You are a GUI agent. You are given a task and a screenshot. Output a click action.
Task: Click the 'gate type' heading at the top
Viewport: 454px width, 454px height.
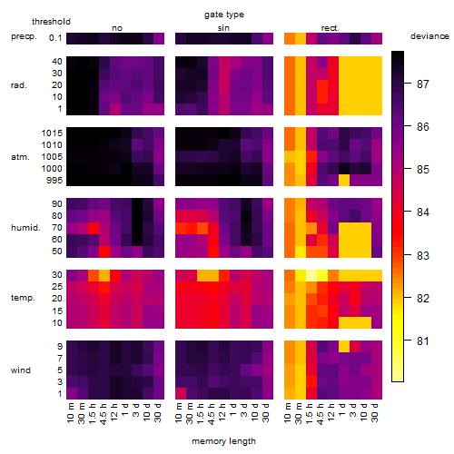click(224, 15)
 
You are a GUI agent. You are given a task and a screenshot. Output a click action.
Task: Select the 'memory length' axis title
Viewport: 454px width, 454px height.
click(223, 441)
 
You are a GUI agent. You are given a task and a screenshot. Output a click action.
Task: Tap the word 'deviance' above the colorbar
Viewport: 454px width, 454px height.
click(429, 36)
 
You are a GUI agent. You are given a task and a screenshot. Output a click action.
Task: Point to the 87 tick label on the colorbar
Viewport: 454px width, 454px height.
click(423, 84)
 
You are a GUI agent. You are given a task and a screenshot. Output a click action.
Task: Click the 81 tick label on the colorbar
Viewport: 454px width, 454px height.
click(423, 341)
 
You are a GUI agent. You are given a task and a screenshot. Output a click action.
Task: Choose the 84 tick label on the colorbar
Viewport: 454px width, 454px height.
click(423, 212)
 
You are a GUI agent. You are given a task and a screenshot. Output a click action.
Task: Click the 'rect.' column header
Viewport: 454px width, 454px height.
click(331, 28)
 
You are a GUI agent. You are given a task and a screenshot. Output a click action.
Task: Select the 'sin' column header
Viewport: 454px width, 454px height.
click(223, 28)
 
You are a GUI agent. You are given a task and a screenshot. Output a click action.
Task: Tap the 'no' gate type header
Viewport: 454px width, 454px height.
click(117, 28)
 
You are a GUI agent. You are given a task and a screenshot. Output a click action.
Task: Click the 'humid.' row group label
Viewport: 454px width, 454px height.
click(25, 228)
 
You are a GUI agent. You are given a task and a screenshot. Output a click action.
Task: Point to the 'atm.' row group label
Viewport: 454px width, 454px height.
click(20, 157)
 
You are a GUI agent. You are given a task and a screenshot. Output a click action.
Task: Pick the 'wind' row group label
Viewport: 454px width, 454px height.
click(21, 370)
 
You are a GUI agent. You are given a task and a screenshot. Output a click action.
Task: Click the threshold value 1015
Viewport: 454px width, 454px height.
click(52, 133)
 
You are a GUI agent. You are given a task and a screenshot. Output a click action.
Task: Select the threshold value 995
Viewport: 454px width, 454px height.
click(54, 181)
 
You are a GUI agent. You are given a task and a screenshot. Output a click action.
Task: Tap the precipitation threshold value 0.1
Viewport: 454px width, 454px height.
click(55, 38)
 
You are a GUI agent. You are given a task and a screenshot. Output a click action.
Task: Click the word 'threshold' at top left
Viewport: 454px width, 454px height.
click(51, 22)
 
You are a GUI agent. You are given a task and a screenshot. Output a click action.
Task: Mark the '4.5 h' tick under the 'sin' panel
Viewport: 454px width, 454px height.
click(212, 414)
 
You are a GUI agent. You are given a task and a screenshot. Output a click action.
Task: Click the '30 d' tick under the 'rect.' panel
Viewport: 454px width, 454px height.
click(375, 412)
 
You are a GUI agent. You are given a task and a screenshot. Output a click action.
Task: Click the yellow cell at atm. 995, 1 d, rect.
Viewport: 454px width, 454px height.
click(344, 181)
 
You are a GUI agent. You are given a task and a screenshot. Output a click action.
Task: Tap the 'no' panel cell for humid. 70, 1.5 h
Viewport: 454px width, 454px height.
click(94, 228)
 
